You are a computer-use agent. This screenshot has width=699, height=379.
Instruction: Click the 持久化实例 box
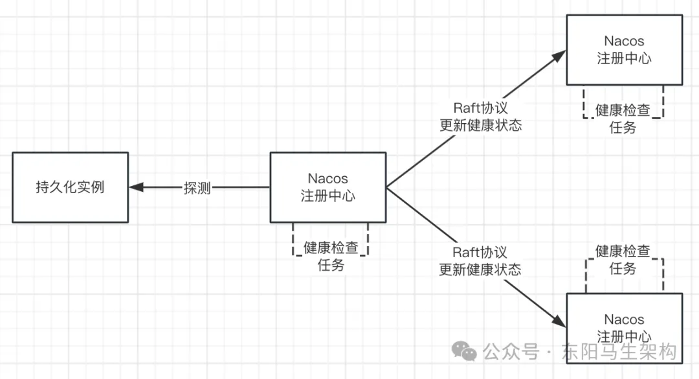coord(70,188)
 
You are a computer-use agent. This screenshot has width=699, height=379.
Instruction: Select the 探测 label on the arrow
coord(197,189)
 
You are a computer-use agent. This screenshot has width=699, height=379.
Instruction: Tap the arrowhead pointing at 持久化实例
coord(136,188)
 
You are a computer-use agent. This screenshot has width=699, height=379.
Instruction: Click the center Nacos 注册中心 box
coord(327,187)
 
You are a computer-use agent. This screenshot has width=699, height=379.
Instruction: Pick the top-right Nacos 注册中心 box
coord(624,49)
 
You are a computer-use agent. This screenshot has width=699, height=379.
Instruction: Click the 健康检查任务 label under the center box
coord(331,256)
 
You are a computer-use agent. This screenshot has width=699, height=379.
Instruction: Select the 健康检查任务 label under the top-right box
coord(623,119)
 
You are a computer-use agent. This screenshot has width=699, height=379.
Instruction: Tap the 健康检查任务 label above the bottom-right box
coord(623,259)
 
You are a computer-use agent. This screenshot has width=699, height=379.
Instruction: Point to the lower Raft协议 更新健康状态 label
coord(480,261)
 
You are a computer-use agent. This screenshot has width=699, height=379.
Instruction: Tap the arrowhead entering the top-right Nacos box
coord(560,56)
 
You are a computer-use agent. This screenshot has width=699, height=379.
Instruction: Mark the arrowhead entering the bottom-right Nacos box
coord(560,321)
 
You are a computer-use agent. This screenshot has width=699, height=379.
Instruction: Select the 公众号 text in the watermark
coord(511,352)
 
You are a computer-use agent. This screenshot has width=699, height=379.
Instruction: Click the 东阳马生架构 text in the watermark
coord(620,352)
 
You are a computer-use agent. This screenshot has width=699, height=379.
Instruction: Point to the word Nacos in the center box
coord(327,179)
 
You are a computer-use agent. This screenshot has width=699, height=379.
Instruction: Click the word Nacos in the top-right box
coord(624,41)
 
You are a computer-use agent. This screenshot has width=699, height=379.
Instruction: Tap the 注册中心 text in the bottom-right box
coord(624,336)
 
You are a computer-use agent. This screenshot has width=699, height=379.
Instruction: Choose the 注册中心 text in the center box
coord(327,196)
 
